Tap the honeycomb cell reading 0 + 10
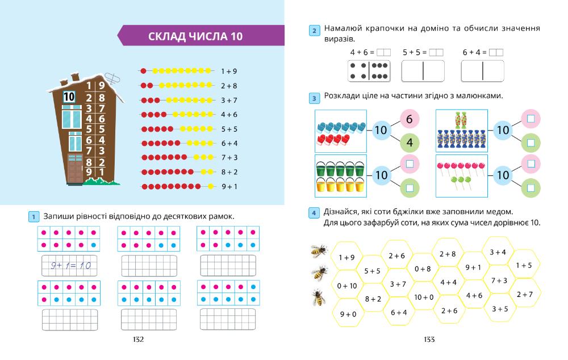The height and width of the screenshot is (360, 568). (346, 286)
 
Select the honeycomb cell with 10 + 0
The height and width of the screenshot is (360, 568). (424, 296)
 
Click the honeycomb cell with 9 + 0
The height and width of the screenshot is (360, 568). (348, 314)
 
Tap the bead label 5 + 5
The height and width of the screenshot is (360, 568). (229, 129)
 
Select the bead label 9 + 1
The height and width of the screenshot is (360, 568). (229, 186)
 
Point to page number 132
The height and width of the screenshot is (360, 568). (138, 340)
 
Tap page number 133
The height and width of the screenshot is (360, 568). (429, 340)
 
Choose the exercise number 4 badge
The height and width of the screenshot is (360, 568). (314, 213)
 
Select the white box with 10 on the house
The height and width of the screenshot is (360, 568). (69, 97)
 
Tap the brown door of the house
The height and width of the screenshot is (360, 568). (75, 168)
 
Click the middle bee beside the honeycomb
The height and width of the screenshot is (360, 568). (319, 273)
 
